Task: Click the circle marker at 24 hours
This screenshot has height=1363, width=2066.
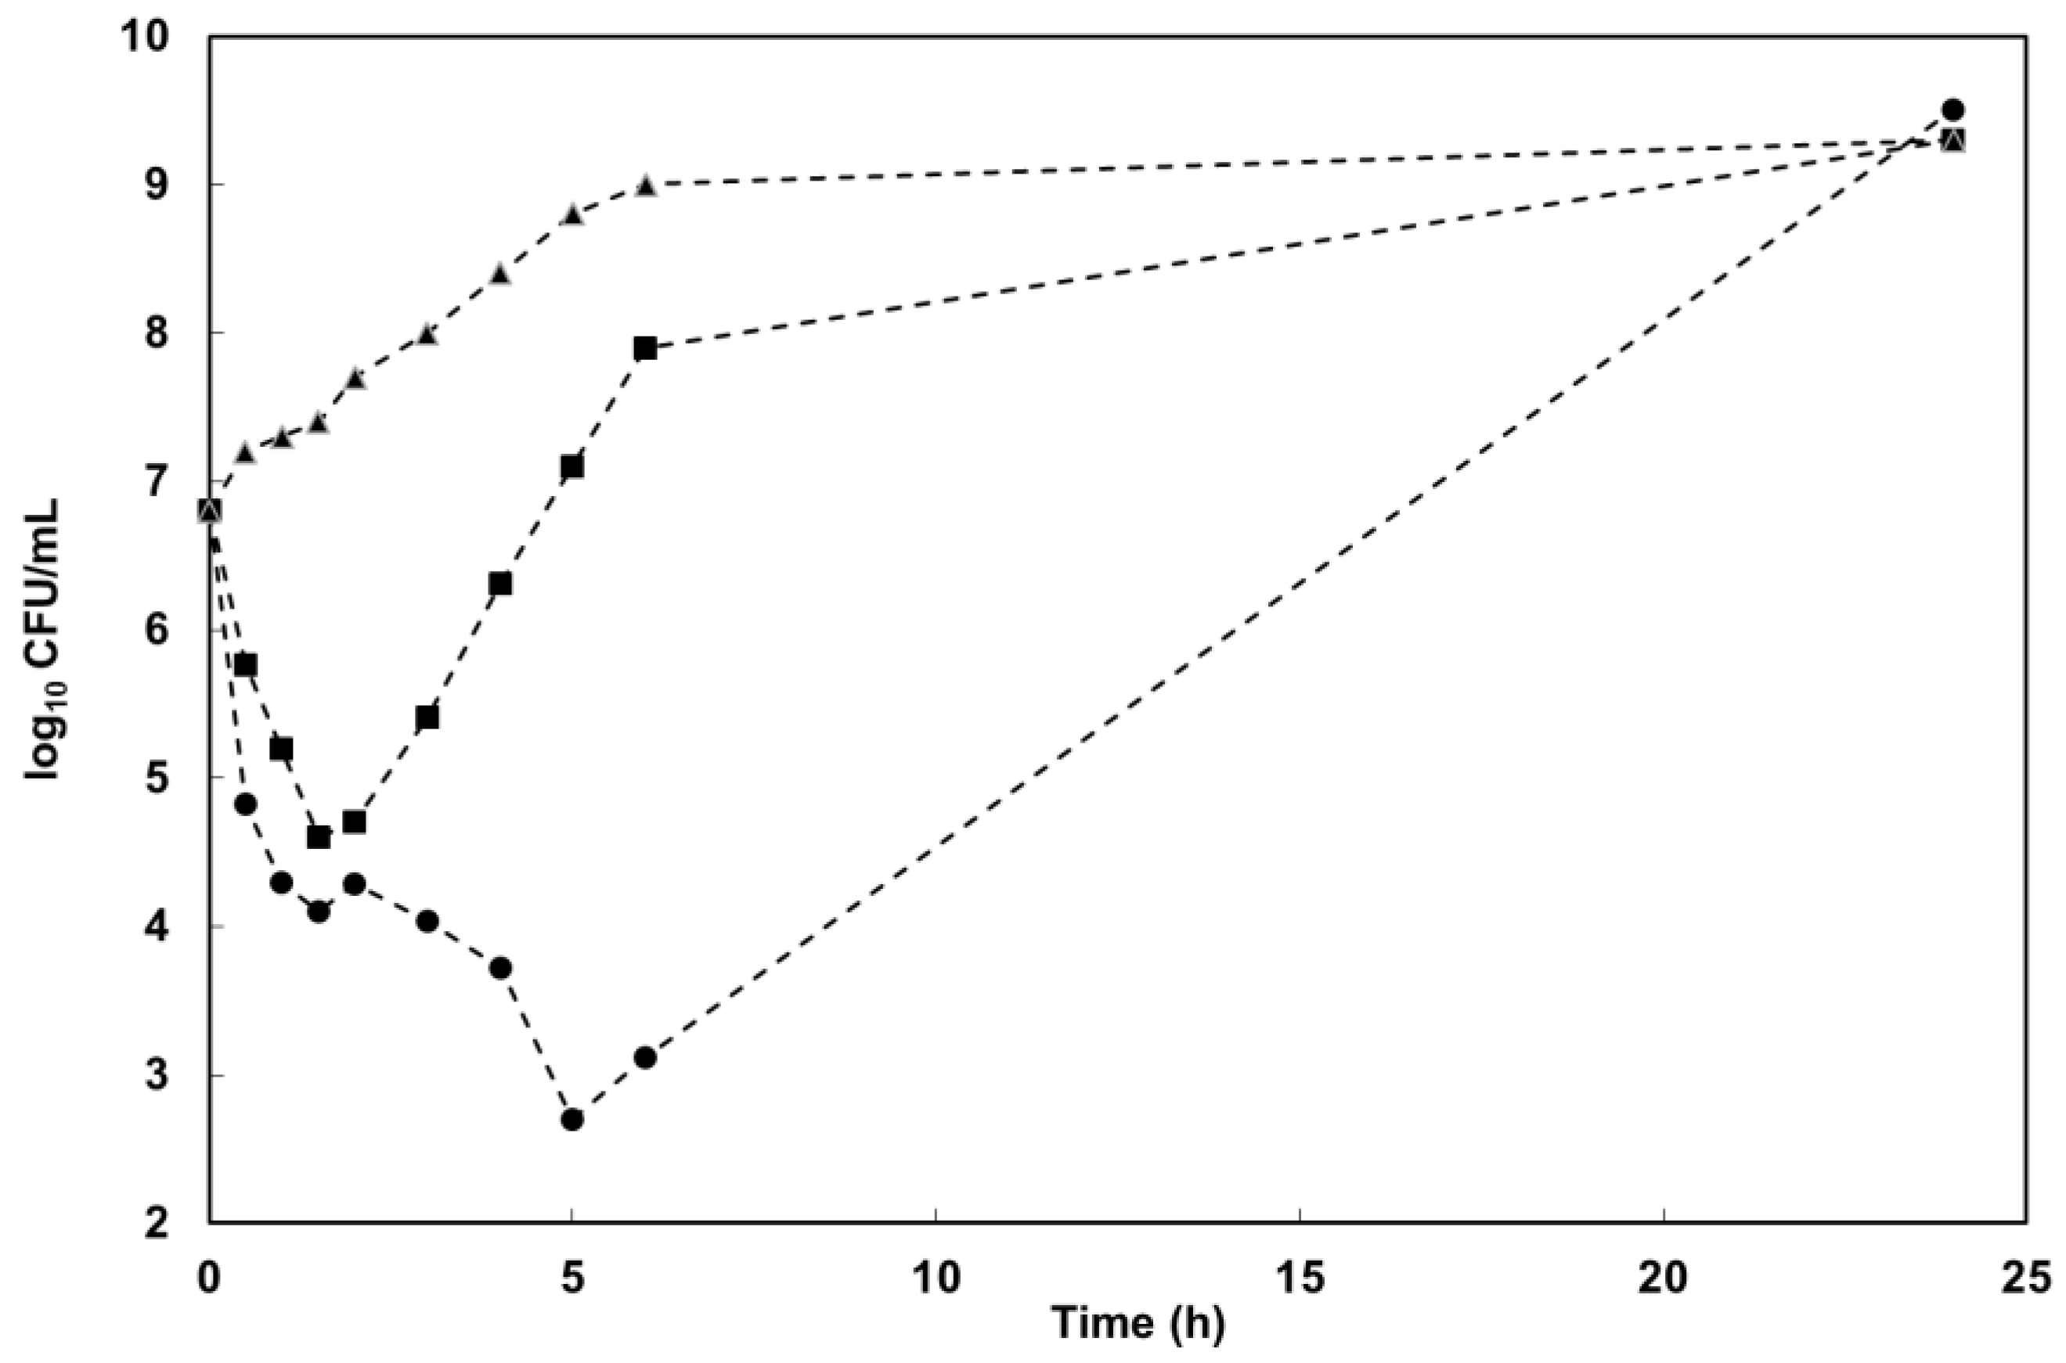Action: coord(1953,110)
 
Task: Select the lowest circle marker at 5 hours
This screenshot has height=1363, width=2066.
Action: coord(572,1120)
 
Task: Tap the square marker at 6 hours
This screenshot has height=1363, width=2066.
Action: coord(644,347)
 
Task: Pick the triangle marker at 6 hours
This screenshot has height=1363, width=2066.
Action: coord(644,185)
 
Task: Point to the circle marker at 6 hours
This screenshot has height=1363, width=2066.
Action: coord(644,1058)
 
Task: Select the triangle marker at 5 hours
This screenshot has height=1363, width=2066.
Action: coord(572,214)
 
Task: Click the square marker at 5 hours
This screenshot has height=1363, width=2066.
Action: coord(572,467)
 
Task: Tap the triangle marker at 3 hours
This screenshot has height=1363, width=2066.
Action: coord(427,335)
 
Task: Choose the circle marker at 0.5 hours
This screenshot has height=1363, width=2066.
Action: coord(246,804)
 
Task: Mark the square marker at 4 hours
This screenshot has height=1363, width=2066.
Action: coord(500,584)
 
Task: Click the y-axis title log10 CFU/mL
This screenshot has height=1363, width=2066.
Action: coord(44,639)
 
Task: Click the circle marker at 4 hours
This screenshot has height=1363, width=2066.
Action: coord(500,969)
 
